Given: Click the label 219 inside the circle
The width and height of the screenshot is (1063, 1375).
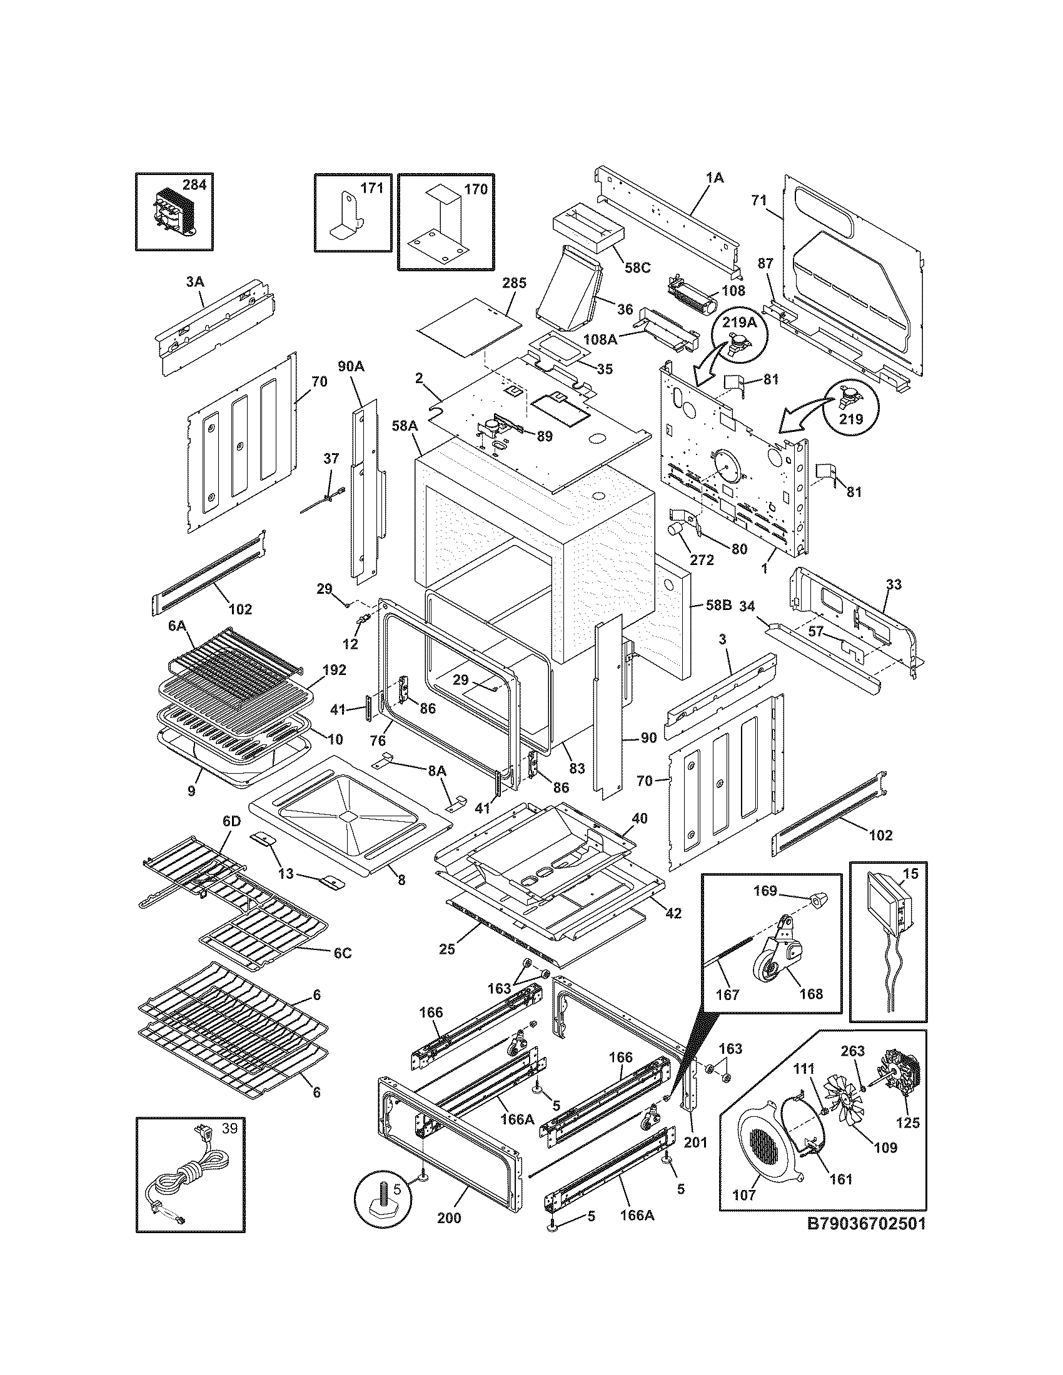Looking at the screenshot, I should (x=851, y=419).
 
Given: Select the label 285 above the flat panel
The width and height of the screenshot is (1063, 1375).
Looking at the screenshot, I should (x=514, y=283).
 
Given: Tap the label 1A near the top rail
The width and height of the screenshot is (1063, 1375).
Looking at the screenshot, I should (x=715, y=178).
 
